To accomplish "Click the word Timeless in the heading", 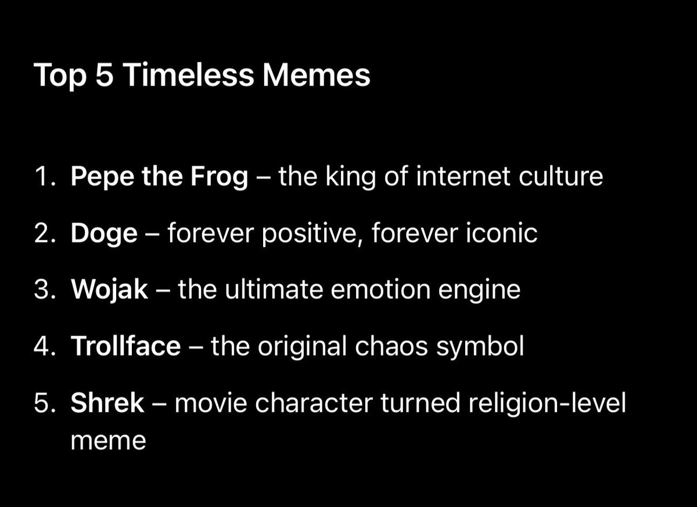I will pyautogui.click(x=189, y=76).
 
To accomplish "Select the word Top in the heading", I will pyautogui.click(x=60, y=76).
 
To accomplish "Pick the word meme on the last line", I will pyautogui.click(x=108, y=441).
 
